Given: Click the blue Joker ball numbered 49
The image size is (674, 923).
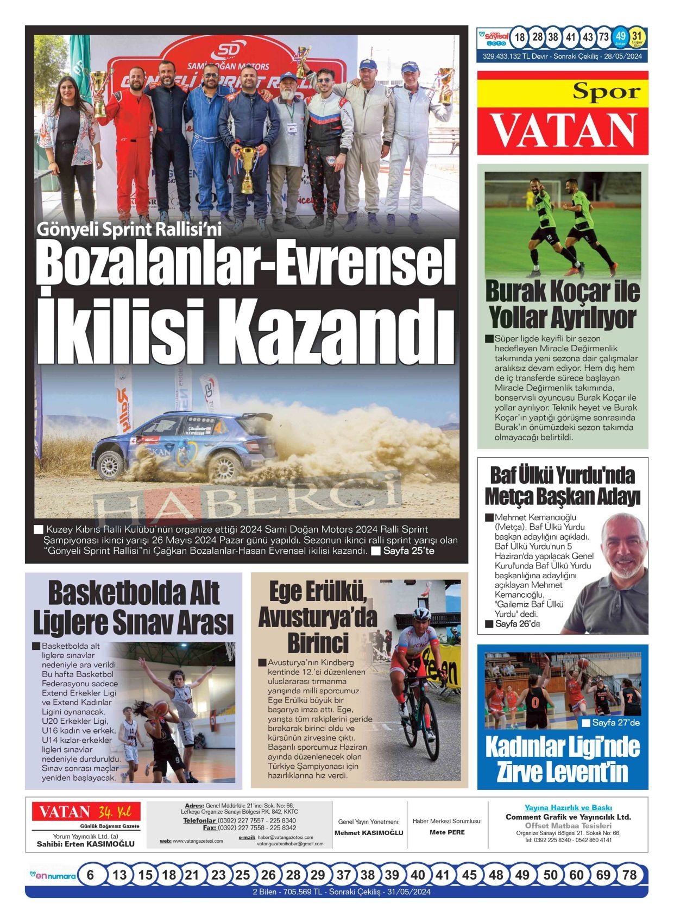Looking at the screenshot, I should (621, 37).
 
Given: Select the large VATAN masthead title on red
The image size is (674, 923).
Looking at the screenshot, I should (564, 131).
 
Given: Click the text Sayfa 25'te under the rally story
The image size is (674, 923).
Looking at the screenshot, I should (408, 551).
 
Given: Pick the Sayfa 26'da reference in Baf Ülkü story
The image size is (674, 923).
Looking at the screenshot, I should (517, 624).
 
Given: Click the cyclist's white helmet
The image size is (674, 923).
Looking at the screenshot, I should (421, 614).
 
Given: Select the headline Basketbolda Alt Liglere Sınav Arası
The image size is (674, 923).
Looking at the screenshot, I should (134, 608).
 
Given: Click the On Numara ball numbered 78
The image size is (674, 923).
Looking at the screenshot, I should (629, 875).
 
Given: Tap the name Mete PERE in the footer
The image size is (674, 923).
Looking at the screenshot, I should (447, 832).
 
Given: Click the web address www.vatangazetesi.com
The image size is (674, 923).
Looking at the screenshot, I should (198, 841).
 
